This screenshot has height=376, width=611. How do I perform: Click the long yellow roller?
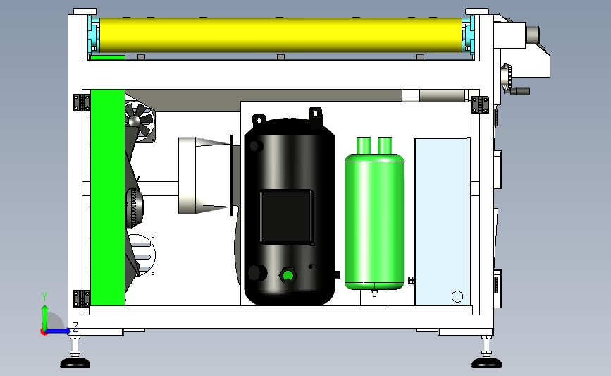pyautogui.click(x=280, y=35)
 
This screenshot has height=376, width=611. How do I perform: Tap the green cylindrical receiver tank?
pyautogui.click(x=374, y=219)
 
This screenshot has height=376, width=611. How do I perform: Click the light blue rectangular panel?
pyautogui.click(x=441, y=221)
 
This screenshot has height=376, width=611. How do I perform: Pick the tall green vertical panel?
pyautogui.click(x=108, y=198)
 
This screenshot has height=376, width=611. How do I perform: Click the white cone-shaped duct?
pyautogui.click(x=205, y=176)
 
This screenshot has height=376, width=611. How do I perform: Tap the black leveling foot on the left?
pyautogui.click(x=75, y=363)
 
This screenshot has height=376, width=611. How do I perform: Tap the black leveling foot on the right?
pyautogui.click(x=486, y=363)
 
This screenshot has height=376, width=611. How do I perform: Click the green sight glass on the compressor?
pyautogui.click(x=288, y=276)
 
